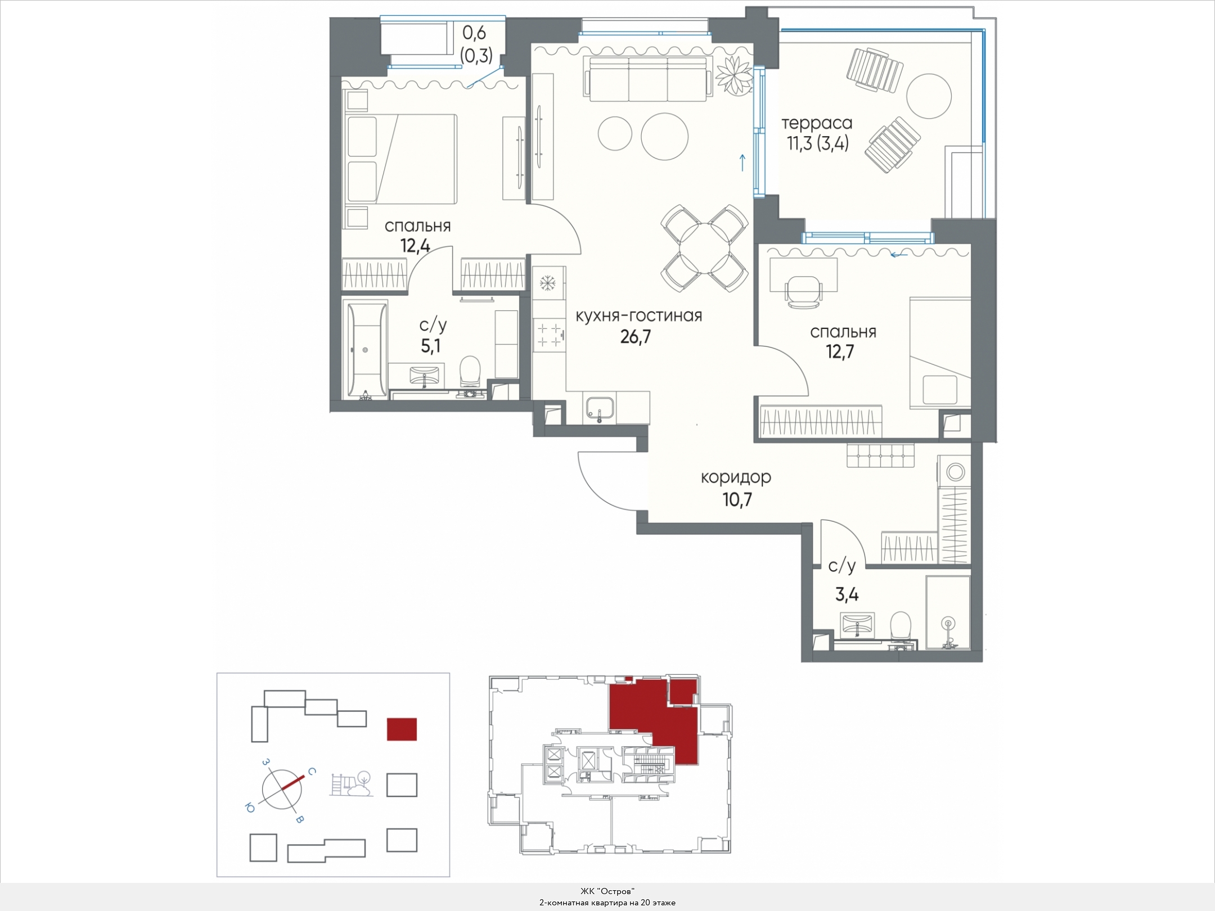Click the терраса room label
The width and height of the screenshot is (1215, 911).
817,123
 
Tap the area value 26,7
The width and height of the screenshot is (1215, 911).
636,337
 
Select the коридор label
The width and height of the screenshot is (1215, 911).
736,477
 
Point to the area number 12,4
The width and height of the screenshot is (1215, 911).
415,246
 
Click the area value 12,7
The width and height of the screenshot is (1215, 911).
840,351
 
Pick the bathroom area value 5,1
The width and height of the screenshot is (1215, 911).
431,346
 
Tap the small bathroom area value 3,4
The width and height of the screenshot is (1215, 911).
847,594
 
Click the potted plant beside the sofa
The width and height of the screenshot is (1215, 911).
735,75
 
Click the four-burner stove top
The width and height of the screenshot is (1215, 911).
549,334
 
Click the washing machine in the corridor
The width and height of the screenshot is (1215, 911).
954,471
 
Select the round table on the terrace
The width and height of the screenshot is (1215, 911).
929,96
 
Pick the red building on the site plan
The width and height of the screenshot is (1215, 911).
402,729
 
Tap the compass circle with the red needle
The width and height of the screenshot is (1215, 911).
282,790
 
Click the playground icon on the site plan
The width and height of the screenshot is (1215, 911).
352,784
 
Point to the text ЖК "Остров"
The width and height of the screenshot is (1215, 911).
607,891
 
